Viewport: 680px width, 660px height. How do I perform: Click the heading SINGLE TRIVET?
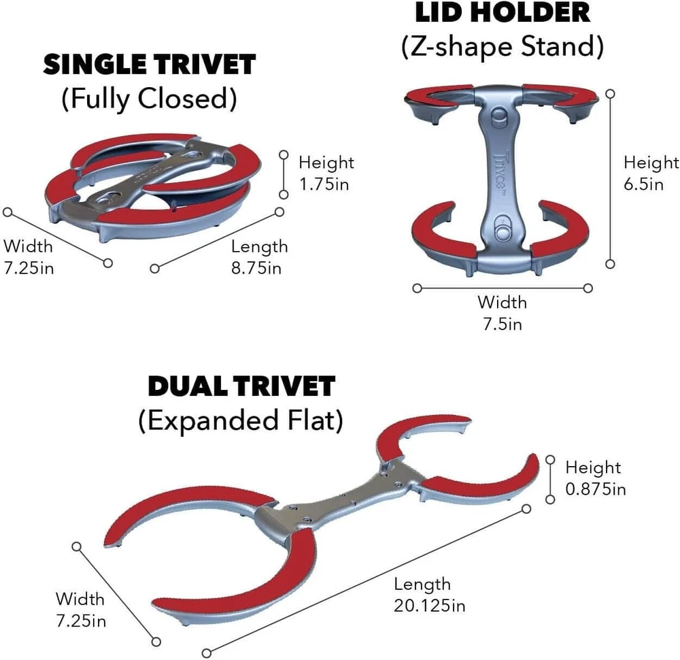point(150,65)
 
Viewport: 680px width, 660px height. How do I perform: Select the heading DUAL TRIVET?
point(241,386)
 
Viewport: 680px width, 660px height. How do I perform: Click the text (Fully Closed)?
point(150,99)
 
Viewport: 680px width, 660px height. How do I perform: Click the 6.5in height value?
point(643,183)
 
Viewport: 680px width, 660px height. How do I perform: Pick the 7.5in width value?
point(502,323)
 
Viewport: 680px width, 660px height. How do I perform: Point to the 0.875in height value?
point(596,489)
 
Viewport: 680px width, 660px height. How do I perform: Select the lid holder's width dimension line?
point(503,288)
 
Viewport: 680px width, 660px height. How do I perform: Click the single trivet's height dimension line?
point(284,174)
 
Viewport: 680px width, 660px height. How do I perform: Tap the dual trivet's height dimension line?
point(551,480)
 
